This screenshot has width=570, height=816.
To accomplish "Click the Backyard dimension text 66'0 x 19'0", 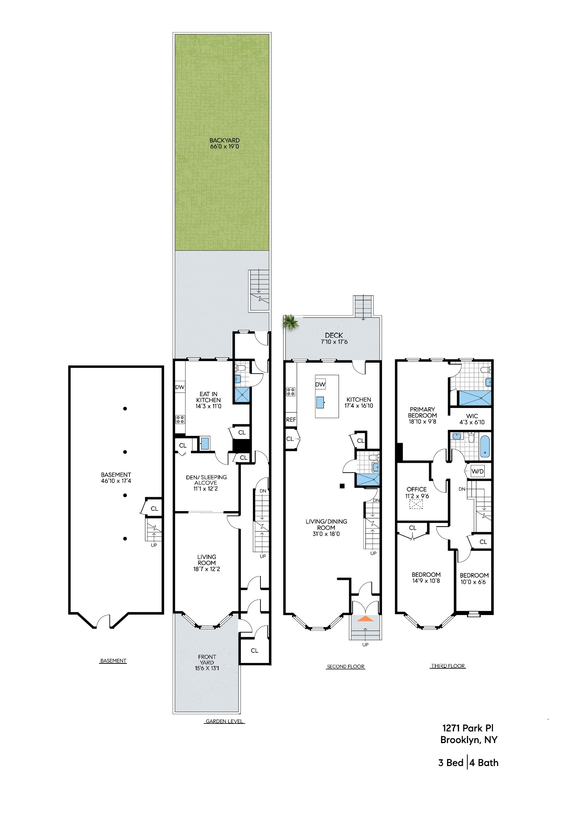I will click(x=224, y=147).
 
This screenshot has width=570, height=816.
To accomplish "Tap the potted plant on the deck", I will click(x=290, y=322).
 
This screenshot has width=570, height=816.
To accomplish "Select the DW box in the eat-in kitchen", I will click(x=180, y=387).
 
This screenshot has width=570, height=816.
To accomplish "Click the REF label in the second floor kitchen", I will click(x=291, y=419).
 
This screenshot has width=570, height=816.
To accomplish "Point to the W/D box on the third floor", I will click(x=478, y=471).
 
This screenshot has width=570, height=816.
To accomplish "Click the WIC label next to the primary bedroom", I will click(x=472, y=416).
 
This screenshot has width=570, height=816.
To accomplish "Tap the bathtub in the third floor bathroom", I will click(x=485, y=447).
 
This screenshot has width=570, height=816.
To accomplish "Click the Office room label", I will click(x=417, y=489).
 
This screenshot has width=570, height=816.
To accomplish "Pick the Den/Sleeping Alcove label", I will click(x=206, y=480).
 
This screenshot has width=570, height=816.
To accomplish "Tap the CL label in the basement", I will click(x=154, y=508).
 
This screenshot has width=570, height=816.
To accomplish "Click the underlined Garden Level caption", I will click(x=224, y=721).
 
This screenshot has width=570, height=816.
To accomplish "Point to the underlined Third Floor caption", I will click(x=448, y=666).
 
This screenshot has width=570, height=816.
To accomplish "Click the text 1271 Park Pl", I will click(x=468, y=728).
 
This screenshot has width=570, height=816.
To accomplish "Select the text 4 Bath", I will click(x=484, y=763).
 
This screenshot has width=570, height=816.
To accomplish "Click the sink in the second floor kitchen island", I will click(x=320, y=402).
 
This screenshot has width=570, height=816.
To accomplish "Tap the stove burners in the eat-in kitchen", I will click(x=180, y=419).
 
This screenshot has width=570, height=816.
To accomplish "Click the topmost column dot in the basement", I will click(x=125, y=408).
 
